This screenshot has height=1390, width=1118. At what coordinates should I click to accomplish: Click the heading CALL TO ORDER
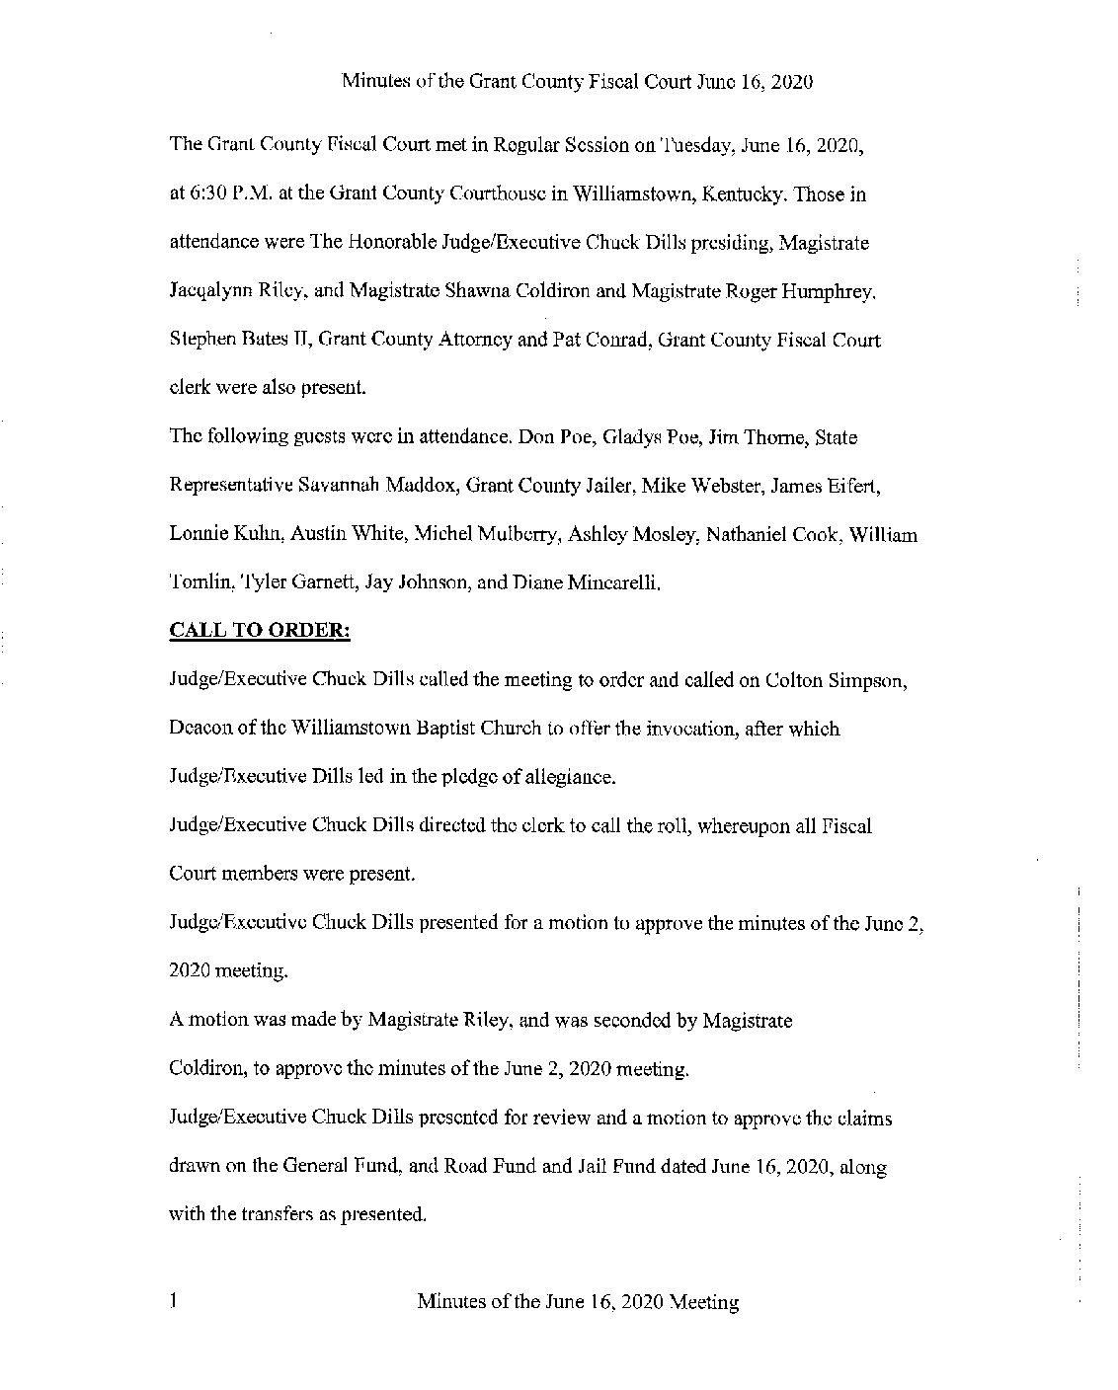[x=260, y=631]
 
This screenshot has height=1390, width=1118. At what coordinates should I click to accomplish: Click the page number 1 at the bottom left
[x=173, y=1301]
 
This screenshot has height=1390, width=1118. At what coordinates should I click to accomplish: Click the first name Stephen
[x=200, y=340]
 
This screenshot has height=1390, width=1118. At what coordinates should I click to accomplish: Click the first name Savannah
[x=341, y=486]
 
